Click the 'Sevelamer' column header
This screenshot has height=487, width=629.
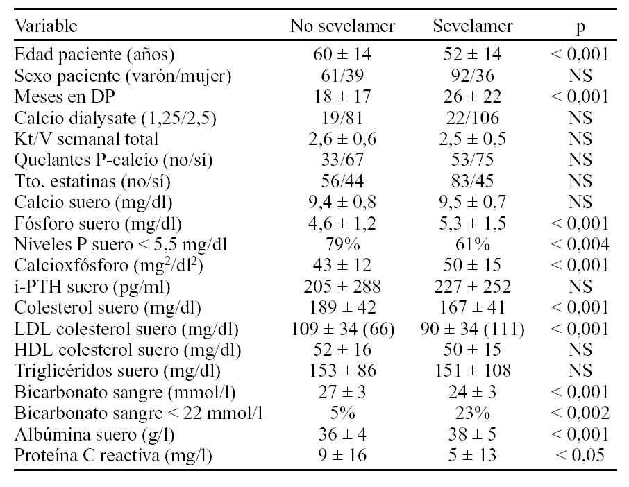(x=473, y=27)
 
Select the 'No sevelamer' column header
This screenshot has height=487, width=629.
(x=342, y=27)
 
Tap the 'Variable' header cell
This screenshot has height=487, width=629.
(x=47, y=27)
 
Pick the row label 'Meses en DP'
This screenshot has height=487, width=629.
(x=56, y=96)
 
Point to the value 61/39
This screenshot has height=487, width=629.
(x=342, y=75)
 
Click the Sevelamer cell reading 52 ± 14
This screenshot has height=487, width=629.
(x=473, y=53)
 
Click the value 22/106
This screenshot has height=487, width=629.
(x=473, y=117)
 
